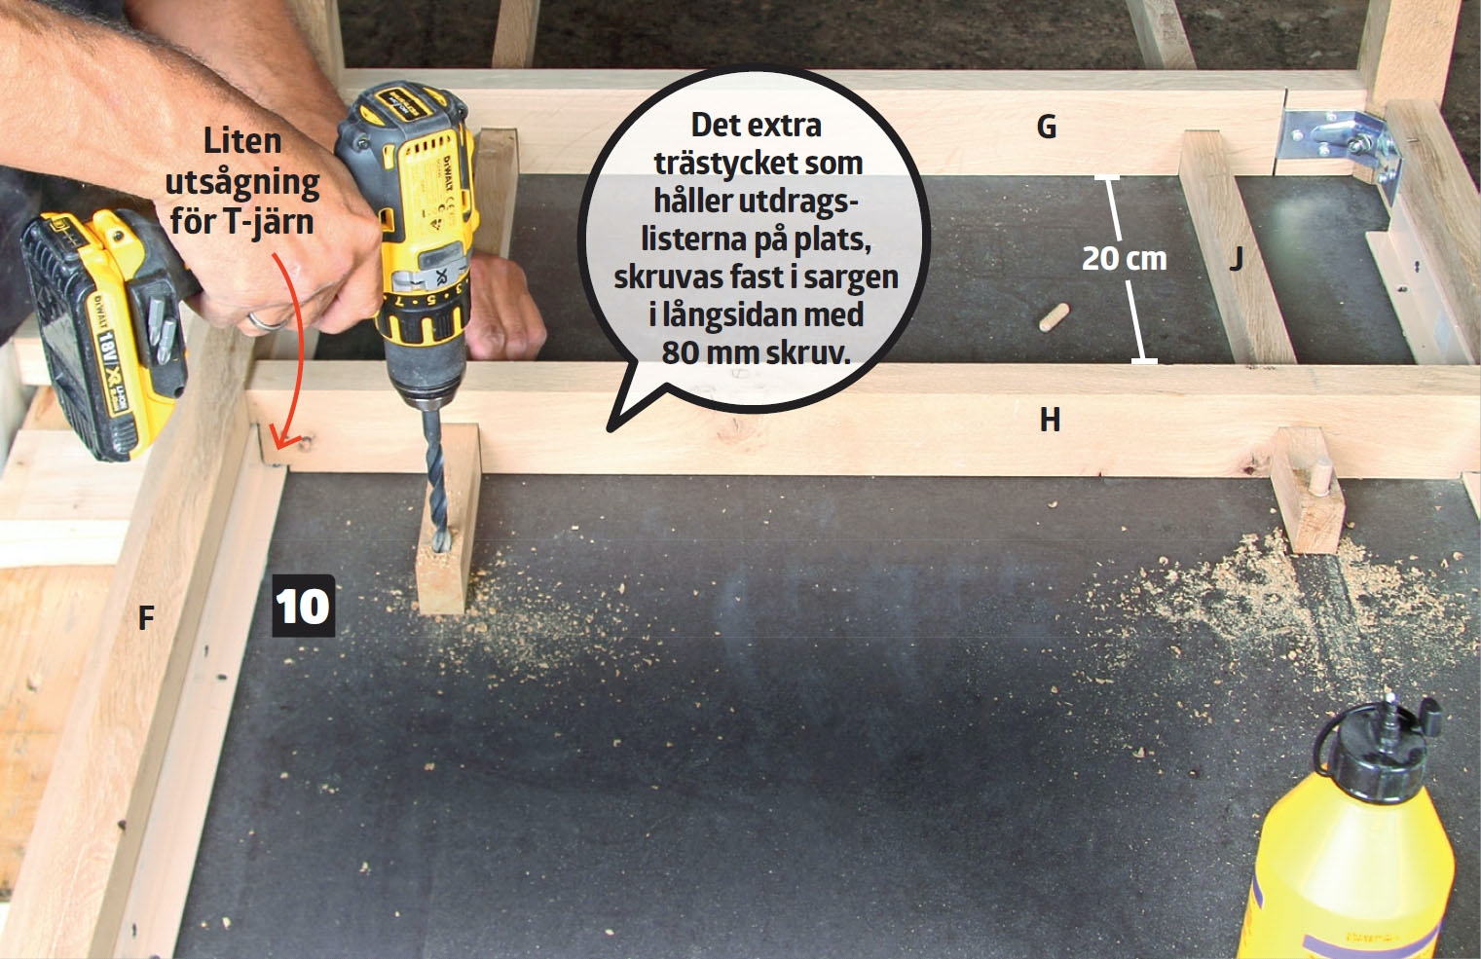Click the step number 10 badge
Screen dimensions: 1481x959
tap(304, 606)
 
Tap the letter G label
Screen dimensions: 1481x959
tap(1046, 127)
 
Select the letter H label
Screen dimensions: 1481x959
tap(1050, 420)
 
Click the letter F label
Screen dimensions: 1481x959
tap(146, 618)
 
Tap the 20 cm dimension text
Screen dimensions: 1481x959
tap(1124, 258)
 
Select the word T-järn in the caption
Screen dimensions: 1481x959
tap(269, 220)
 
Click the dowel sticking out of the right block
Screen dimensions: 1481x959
tap(1320, 478)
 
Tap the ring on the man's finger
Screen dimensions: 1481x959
tap(267, 322)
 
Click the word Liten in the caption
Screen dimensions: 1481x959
tap(242, 141)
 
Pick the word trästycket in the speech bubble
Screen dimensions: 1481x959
tap(759, 164)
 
